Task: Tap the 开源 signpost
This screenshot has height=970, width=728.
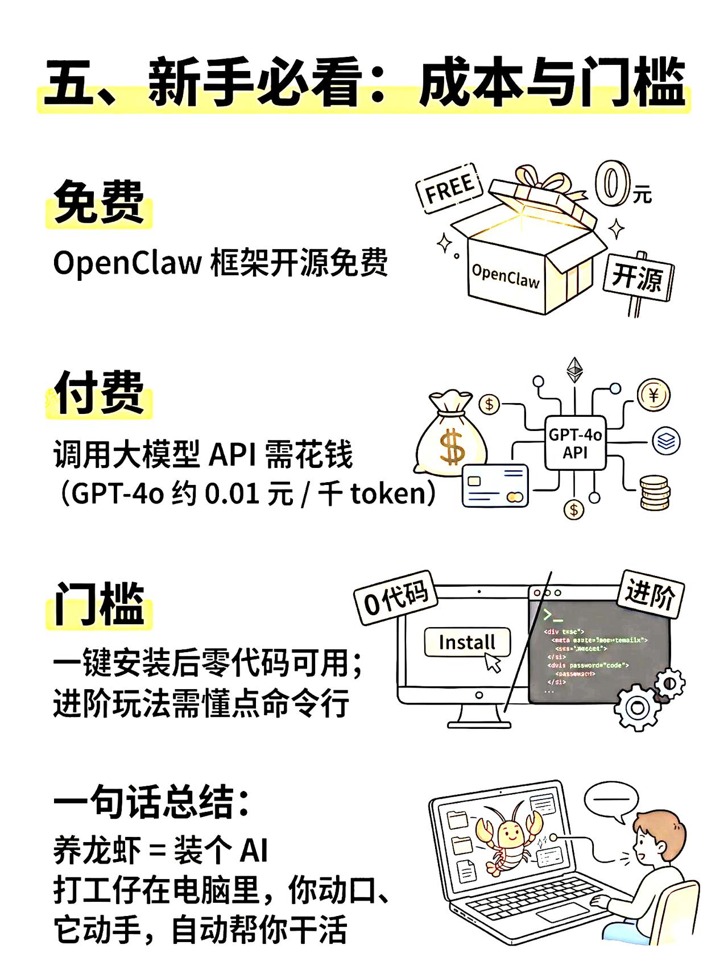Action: pos(638,277)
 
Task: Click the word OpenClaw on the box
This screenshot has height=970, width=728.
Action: pos(506,277)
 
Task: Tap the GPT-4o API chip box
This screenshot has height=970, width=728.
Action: pos(575,443)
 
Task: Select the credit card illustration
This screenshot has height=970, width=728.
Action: pos(495,485)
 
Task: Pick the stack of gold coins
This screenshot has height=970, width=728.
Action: pos(655,492)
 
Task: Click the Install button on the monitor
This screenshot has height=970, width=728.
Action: pos(467,642)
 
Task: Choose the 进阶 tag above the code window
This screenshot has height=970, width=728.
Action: pos(650,594)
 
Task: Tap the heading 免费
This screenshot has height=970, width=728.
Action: pos(99,203)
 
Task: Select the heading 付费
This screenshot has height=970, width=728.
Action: pos(99,393)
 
